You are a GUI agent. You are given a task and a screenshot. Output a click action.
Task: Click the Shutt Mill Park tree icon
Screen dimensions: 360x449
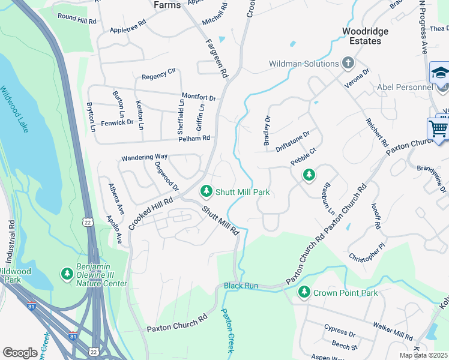206,191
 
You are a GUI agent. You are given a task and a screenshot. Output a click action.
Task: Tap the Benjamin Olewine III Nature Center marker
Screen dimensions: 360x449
67,274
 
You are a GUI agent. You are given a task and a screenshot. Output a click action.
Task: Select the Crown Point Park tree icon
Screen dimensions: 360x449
305,292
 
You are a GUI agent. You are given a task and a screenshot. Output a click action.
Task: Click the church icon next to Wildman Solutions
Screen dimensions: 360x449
348,63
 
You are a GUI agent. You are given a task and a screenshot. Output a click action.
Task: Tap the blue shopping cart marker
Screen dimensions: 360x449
438,128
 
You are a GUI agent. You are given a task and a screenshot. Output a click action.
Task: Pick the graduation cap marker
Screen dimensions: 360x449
440,73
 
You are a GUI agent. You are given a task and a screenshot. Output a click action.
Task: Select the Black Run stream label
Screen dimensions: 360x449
241,286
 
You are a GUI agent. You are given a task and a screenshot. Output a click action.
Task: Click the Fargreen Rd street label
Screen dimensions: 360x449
217,59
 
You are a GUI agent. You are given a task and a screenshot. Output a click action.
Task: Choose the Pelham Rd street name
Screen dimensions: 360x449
194,138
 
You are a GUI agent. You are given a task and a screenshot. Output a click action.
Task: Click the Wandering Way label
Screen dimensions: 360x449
145,157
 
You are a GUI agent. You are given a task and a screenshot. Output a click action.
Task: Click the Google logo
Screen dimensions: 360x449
20,353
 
